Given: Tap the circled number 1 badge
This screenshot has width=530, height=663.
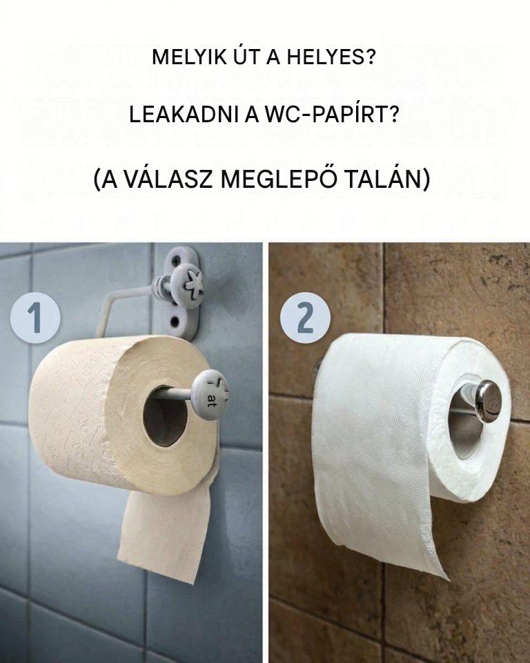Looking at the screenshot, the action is (35, 317).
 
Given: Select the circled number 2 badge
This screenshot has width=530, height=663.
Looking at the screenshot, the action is (305, 317).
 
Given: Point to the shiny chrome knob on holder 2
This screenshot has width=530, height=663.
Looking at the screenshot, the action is (488, 401).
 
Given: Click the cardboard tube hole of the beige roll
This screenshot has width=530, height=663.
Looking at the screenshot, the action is (165, 416).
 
